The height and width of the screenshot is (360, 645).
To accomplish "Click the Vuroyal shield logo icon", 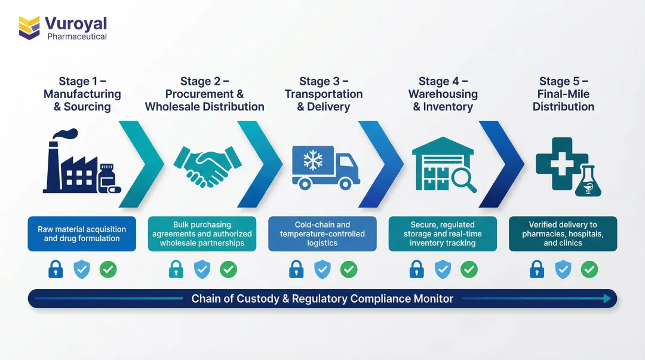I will pyautogui.click(x=29, y=27).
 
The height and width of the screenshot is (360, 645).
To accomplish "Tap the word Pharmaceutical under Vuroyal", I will pyautogui.click(x=77, y=37).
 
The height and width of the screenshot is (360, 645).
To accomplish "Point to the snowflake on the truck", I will pyautogui.click(x=312, y=159).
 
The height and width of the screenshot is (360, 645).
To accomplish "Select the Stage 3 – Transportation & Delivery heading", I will pyautogui.click(x=323, y=94).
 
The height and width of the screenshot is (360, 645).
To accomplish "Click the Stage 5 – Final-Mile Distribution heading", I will pyautogui.click(x=563, y=94).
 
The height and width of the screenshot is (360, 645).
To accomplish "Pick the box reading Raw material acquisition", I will pyautogui.click(x=82, y=233).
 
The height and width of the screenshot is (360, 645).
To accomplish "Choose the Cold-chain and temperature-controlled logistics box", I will pyautogui.click(x=322, y=233).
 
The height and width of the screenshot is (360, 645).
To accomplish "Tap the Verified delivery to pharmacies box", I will pyautogui.click(x=563, y=233).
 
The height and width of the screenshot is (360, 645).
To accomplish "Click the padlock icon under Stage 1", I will pyautogui.click(x=56, y=270).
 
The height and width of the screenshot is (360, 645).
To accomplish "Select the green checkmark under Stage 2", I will pyautogui.click(x=228, y=270).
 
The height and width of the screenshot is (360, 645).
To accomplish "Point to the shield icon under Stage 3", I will pyautogui.click(x=322, y=270).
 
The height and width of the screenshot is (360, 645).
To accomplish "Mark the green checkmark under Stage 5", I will pyautogui.click(x=589, y=270).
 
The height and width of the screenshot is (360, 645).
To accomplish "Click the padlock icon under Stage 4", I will pyautogui.click(x=416, y=270).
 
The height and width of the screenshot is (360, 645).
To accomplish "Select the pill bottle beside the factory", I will pyautogui.click(x=108, y=177).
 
